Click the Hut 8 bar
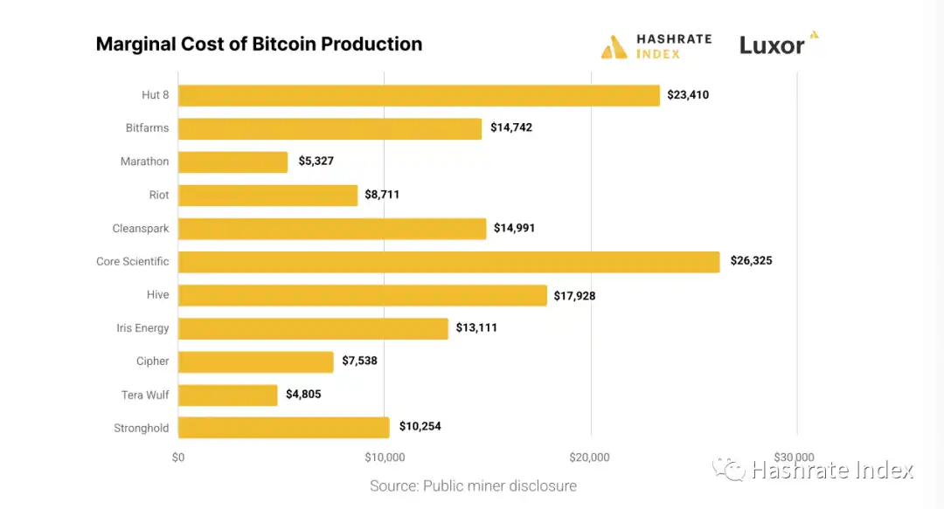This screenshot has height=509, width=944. pyautogui.click(x=419, y=95)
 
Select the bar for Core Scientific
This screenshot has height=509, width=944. pyautogui.click(x=448, y=262)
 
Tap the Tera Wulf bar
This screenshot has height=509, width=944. pyautogui.click(x=228, y=395)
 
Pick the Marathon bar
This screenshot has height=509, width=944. pyautogui.click(x=233, y=162)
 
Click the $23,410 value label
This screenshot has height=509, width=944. pyautogui.click(x=688, y=95)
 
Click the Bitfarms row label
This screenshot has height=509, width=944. pyautogui.click(x=147, y=128)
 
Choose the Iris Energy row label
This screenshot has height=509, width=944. pyautogui.click(x=142, y=328)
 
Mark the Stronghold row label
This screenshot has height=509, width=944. pyautogui.click(x=141, y=428)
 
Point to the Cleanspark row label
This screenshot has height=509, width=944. pyautogui.click(x=141, y=229)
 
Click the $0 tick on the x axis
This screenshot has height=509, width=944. pyautogui.click(x=178, y=457)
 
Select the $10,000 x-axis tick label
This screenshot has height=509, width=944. pyautogui.click(x=385, y=457)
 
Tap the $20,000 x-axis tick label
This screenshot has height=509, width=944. pyautogui.click(x=591, y=457)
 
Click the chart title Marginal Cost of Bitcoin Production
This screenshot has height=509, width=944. pyautogui.click(x=259, y=45)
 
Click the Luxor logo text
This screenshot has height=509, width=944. pyautogui.click(x=772, y=45)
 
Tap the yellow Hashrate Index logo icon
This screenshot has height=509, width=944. pyautogui.click(x=614, y=47)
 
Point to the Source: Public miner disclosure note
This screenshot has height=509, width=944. pyautogui.click(x=473, y=486)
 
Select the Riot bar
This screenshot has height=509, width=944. pyautogui.click(x=267, y=196)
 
